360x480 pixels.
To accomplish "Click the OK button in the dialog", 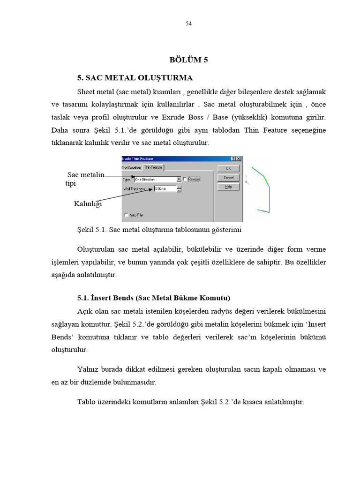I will tap(228, 168).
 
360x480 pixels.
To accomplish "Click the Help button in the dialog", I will tap(228, 187).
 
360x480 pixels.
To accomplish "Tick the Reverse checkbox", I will tap(185, 179).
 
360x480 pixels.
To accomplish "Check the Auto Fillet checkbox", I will tap(126, 215).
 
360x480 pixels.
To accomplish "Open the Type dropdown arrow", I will tap(179, 179).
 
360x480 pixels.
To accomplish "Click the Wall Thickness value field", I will tap(165, 189).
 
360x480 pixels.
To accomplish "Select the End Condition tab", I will tap(131, 168).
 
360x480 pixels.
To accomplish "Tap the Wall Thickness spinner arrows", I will tap(179, 189).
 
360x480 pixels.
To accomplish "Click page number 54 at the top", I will tap(188, 24).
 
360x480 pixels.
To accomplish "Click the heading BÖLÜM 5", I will tap(188, 60).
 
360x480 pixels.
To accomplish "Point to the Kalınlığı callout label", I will tap(88, 203).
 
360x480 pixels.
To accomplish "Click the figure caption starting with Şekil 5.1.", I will tap(159, 230).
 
